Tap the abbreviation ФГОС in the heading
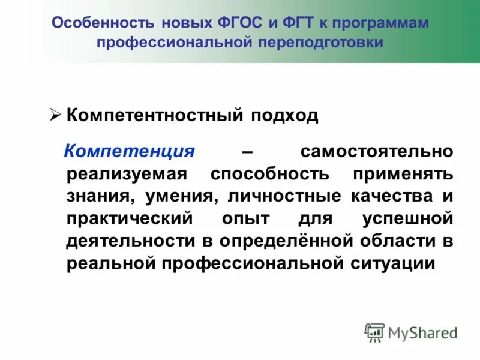pyautogui.click(x=237, y=23)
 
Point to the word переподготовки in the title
pyautogui.click(x=321, y=43)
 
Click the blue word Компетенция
pyautogui.click(x=130, y=151)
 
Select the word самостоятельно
pyautogui.click(x=377, y=151)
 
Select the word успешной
pyautogui.click(x=407, y=218)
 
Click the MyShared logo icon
pyautogui.click(x=374, y=332)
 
